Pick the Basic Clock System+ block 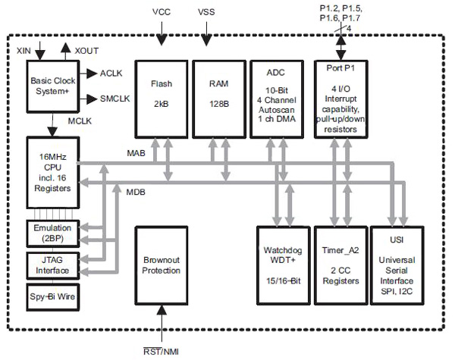pyautogui.click(x=52, y=86)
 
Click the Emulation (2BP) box pyautogui.click(x=52, y=232)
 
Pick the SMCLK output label pyautogui.click(x=115, y=99)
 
